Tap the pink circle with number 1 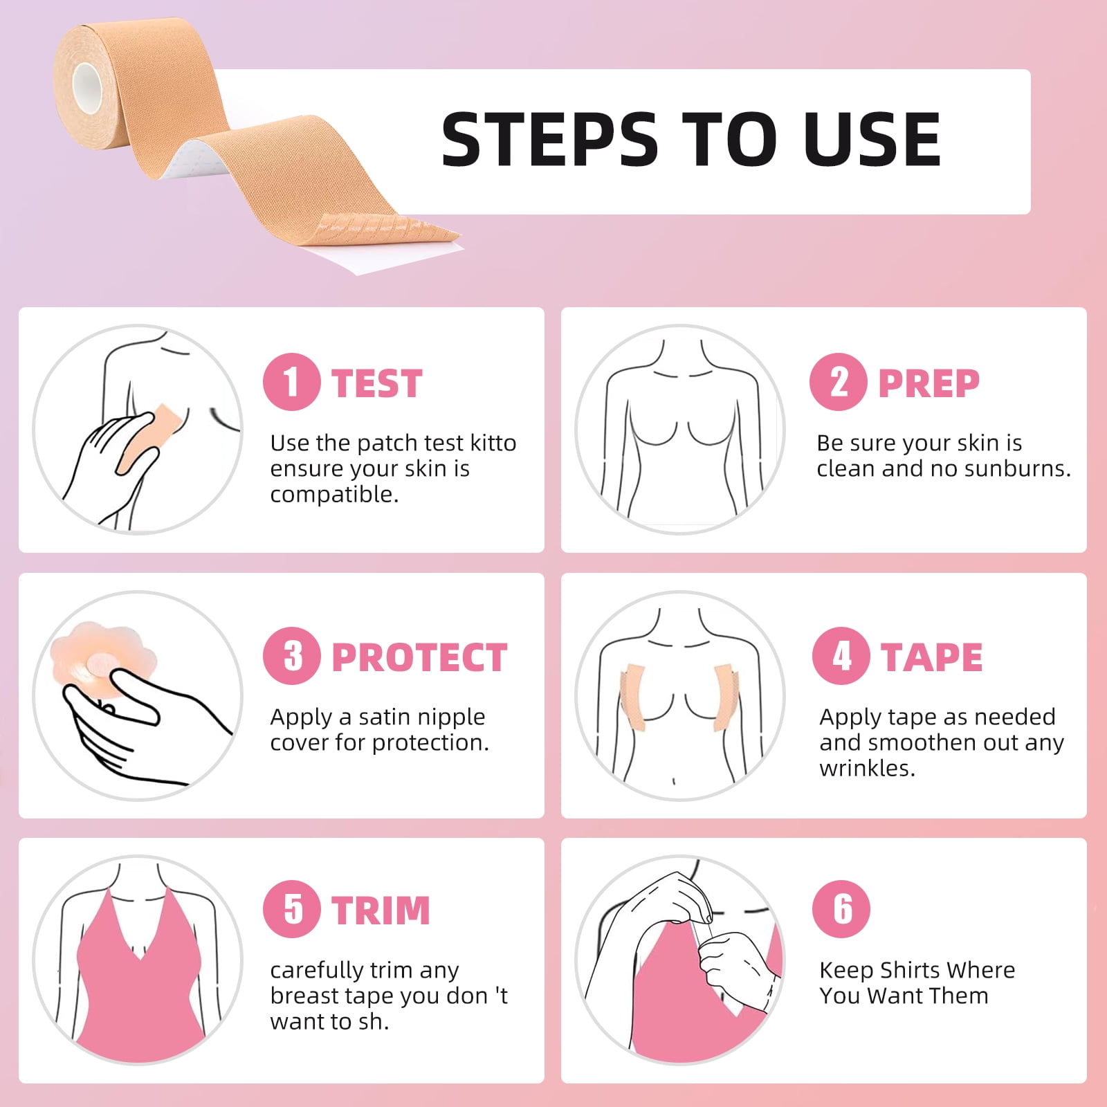(x=291, y=382)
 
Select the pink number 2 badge (x=838, y=382)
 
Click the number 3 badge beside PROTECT (x=291, y=656)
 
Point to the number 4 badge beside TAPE (x=841, y=656)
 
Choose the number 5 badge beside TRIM (x=291, y=909)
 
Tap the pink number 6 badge (x=841, y=909)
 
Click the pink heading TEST (x=377, y=383)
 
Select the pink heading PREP (x=928, y=383)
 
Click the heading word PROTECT (x=419, y=657)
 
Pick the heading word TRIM (x=381, y=911)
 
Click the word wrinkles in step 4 (x=868, y=768)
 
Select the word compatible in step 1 (x=334, y=495)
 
